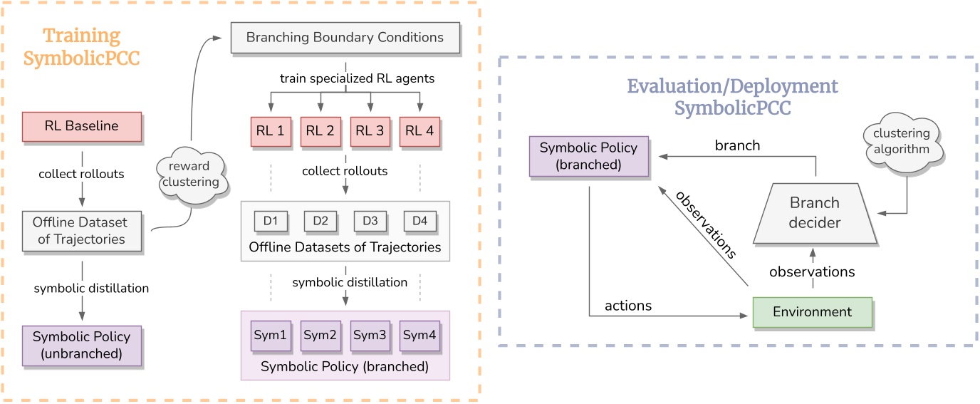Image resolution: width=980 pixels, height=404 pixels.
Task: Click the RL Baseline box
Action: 82,126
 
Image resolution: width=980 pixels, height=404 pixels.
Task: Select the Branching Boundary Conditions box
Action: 345,37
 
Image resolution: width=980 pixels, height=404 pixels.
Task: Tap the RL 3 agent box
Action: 370,131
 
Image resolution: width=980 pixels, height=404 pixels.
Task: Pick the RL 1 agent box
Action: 271,131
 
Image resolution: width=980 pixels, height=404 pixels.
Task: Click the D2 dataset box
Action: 320,221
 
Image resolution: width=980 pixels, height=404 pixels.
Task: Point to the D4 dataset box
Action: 419,221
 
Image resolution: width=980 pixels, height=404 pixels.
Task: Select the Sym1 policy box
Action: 271,335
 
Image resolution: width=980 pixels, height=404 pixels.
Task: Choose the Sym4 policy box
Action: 419,335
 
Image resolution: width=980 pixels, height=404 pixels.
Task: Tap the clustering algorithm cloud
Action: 902,141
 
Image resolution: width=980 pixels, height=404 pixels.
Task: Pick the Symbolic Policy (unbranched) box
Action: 82,346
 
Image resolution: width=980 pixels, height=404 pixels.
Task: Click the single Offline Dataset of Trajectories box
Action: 82,231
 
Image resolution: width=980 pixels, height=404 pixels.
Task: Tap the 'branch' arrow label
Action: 737,145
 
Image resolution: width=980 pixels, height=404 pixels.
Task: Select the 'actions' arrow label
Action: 627,306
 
